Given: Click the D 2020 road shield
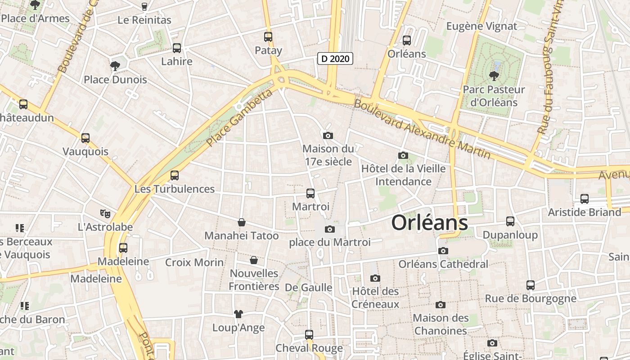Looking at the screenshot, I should coord(335,58).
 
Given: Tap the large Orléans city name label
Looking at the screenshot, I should coord(429,223).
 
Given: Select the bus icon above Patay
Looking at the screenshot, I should coord(268,37).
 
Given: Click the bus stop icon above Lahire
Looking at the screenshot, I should coord(177,48).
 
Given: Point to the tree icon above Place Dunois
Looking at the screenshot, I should coord(115,66).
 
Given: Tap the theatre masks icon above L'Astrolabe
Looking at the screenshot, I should coord(105,213).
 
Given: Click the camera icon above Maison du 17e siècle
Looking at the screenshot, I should coord(328,135).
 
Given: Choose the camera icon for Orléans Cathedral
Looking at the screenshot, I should coord(443,251).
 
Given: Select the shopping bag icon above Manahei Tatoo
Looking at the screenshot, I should coord(242,222).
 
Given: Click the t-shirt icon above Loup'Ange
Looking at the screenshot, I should coord(238,314).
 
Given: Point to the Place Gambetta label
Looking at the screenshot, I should coord(240,118).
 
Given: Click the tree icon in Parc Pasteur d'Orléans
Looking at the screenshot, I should coord(494,76).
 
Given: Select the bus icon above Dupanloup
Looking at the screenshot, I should coord(510,221).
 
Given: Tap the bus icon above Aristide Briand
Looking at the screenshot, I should coord(585,198).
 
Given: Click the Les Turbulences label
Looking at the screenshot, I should coord(175,189).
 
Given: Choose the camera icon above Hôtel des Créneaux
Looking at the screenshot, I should coord(375,279).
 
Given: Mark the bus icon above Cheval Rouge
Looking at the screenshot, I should coord(309,335).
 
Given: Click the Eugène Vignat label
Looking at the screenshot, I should coord(481,26).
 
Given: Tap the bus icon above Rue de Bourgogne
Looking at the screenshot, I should coord(531,285).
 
